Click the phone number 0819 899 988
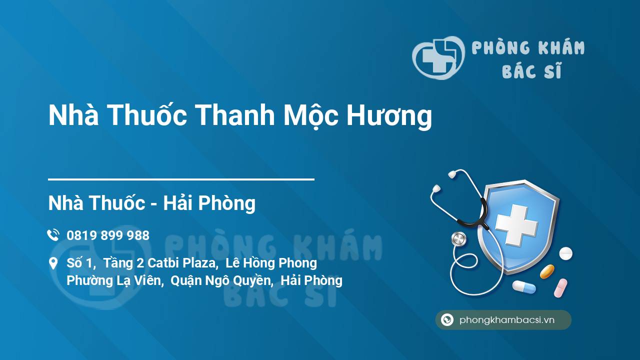[x=108, y=235]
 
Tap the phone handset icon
[x=53, y=235]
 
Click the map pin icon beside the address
[x=53, y=263]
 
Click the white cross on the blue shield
[x=516, y=225]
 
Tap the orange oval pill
[x=547, y=271]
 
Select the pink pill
[x=560, y=288]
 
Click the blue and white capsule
[x=523, y=287]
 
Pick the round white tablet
[x=565, y=253]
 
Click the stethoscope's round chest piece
[x=458, y=239]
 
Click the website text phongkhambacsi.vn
[x=507, y=320]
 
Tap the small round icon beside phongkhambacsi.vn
[x=447, y=320]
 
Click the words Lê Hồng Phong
[x=271, y=263]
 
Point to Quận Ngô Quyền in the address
[x=221, y=280]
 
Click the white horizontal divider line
[x=181, y=179]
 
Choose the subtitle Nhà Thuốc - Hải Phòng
[x=151, y=203]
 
